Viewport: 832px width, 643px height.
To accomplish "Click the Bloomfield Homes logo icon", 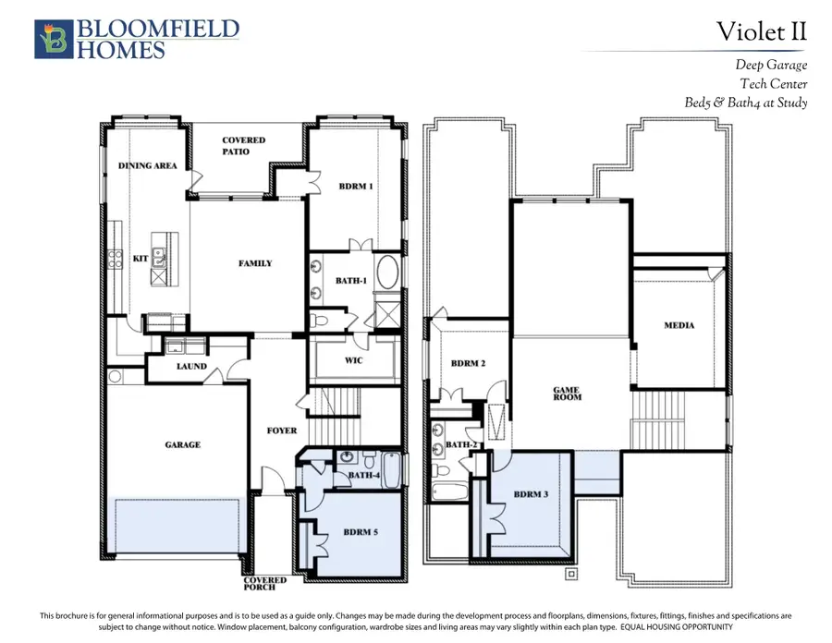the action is point(54,39).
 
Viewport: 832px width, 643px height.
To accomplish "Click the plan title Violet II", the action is point(762,31).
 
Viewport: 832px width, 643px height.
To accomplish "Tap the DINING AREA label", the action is point(148,165).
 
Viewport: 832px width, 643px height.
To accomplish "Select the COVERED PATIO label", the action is point(243,146).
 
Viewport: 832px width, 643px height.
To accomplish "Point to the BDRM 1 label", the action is point(356,186).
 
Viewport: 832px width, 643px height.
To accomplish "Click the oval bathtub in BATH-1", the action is point(388,273).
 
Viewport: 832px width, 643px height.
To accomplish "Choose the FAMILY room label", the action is point(255,263).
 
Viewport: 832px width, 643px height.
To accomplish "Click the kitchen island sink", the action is point(158,258).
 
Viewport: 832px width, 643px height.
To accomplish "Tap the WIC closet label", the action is point(354,360).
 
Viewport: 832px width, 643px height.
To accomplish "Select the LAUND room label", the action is point(191,366).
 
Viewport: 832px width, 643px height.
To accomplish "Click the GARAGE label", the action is point(182,444).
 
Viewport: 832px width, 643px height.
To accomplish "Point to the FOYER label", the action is point(282,431).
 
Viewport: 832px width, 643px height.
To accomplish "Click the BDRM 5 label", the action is point(361,532).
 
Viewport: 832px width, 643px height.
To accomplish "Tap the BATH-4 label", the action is point(364,475).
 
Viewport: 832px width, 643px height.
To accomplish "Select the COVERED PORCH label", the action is point(264,584).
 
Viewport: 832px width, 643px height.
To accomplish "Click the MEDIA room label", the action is point(679,325).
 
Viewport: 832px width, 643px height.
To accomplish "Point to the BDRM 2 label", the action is point(468,363).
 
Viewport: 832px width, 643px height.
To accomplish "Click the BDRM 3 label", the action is point(532,494).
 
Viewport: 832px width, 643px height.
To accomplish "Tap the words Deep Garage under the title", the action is point(772,65).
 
